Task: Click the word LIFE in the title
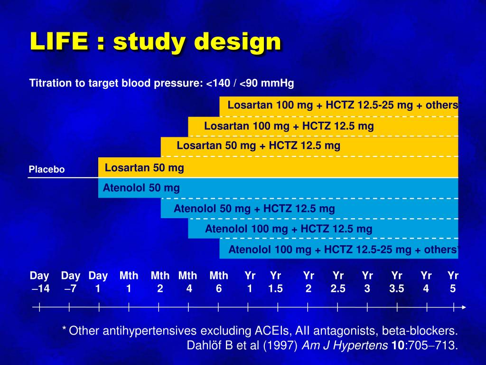59,42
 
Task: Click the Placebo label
47,170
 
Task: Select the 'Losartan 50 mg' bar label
144,168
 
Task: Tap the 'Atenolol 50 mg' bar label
141,188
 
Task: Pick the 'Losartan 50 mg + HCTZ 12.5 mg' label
259,145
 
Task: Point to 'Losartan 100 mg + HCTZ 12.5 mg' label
289,126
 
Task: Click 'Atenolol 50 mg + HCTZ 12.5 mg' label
254,209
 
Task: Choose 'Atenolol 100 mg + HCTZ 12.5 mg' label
289,229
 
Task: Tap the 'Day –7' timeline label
71,282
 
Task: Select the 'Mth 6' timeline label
219,282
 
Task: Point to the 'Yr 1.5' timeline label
275,282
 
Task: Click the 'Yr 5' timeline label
453,282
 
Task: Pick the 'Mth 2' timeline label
160,282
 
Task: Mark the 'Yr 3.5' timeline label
397,282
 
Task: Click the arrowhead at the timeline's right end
464,307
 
